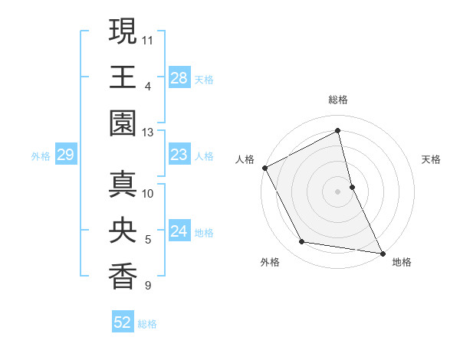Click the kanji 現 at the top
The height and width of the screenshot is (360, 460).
122,32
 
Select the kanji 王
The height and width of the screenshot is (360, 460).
122,77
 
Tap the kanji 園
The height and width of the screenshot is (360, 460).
122,123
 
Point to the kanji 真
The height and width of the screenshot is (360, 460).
122,185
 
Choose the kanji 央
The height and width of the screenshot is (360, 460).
122,231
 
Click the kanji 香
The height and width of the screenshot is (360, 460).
122,277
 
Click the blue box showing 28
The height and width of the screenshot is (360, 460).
179,77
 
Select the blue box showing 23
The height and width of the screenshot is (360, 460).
179,155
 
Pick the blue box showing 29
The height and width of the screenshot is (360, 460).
65,155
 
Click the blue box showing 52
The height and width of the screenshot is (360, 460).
123,322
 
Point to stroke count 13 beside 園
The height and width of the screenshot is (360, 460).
148,133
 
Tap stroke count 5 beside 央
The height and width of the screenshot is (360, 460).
148,240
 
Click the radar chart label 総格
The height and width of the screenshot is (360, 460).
338,100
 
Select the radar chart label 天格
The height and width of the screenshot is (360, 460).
432,159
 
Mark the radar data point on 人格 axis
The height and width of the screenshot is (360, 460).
264,168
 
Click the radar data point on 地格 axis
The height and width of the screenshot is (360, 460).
382,253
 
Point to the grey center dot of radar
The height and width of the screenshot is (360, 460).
338,191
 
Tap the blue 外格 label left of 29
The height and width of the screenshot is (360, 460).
41,156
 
